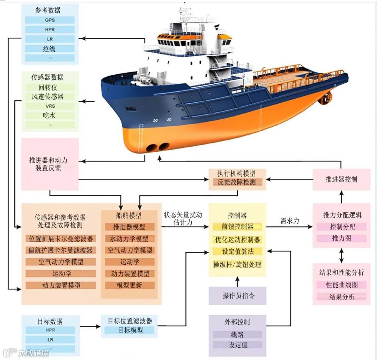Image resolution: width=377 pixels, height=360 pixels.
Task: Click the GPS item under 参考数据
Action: (50, 20)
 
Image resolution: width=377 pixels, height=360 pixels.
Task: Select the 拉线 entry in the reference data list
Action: (50, 49)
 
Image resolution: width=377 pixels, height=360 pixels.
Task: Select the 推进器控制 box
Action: (341, 179)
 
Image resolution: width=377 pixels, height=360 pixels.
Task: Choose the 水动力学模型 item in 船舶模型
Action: (129, 238)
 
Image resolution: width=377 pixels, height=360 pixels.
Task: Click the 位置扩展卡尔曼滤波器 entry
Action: (61, 239)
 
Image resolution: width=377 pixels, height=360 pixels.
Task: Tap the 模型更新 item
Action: (129, 285)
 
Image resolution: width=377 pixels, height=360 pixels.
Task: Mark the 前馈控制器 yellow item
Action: (237, 227)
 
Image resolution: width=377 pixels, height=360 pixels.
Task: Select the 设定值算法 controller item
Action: (237, 251)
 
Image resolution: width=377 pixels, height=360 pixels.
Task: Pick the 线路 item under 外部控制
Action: (237, 335)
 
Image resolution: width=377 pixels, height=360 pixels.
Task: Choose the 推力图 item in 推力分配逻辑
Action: (341, 238)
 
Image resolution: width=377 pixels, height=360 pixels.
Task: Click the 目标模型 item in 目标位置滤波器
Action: (130, 330)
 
